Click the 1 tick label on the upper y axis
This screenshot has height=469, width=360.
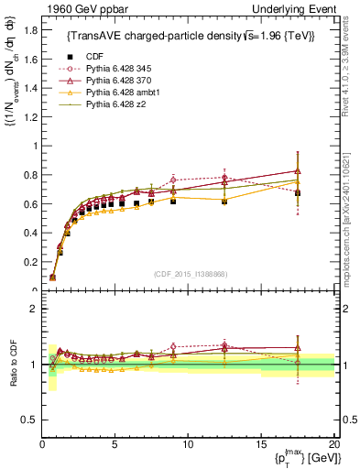(x=33, y=146)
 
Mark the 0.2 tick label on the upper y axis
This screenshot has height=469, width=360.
(x=28, y=262)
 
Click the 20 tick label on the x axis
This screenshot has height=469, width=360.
(x=333, y=443)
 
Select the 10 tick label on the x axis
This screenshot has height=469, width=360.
(x=188, y=443)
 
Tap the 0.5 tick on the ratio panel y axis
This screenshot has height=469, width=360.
(x=28, y=419)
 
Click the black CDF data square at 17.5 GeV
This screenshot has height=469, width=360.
(x=297, y=193)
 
